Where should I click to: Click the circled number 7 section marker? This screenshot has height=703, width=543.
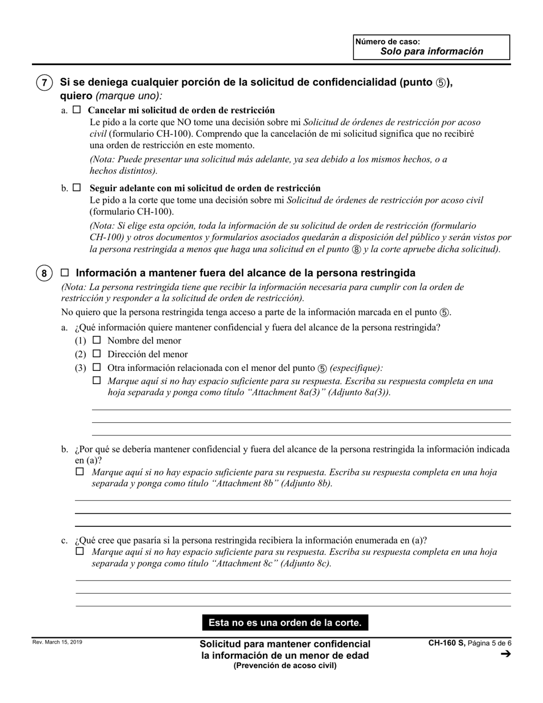[x=45, y=83]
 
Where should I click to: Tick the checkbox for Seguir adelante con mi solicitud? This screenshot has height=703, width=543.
[x=77, y=187]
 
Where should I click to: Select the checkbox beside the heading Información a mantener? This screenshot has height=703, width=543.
[x=65, y=273]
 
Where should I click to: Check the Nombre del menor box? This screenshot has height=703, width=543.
[x=97, y=340]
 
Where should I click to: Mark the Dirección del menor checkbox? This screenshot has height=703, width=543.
[x=97, y=354]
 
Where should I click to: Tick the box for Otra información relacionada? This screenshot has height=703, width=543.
[x=97, y=368]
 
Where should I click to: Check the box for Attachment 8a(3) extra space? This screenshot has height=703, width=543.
[x=97, y=380]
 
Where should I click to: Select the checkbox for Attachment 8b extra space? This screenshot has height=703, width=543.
[x=80, y=472]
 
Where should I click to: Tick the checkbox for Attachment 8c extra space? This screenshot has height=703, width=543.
[x=80, y=551]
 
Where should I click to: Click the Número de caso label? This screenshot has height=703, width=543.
[x=388, y=42]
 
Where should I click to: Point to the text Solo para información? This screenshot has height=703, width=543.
[x=432, y=51]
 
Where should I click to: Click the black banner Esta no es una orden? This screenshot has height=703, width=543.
[x=285, y=622]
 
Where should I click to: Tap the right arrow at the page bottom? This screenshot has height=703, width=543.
[x=505, y=654]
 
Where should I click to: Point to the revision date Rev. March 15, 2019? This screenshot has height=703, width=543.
[x=57, y=642]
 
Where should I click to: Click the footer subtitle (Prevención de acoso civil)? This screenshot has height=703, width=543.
[x=285, y=665]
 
